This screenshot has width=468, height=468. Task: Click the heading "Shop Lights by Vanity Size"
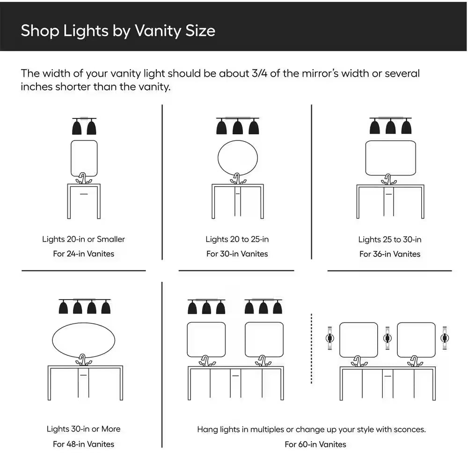118,31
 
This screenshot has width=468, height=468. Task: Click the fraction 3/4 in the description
259,73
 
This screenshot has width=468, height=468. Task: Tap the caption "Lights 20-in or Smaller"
84,239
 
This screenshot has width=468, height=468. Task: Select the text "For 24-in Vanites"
84,254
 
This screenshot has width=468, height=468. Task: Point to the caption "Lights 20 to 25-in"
237,239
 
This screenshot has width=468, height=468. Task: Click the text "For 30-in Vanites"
237,254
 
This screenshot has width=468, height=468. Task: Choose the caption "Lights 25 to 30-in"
390,239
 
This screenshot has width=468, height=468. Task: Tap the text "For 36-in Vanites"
390,254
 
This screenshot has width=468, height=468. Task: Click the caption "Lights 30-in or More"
84,429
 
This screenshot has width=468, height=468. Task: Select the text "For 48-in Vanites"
84,444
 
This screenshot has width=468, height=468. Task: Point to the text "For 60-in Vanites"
315,445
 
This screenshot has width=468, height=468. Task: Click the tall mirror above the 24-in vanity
71,158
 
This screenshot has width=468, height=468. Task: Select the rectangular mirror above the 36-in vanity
366,158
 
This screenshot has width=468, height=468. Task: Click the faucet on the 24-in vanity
83,178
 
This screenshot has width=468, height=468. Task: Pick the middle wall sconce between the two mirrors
388,338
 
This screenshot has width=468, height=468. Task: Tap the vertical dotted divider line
311,349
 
